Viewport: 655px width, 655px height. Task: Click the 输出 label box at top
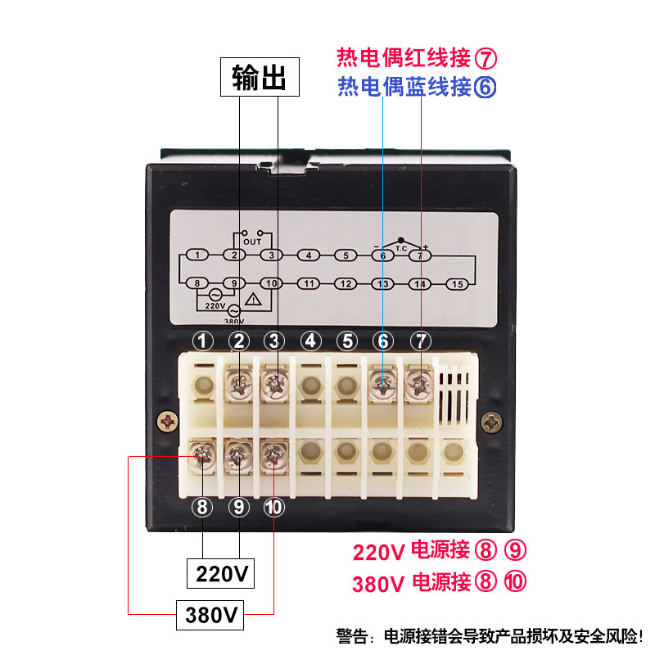pos(258,79)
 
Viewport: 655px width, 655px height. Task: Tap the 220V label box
pos(221,573)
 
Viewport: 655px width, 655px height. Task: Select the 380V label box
pos(211,613)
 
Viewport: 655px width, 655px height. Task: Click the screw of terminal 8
pos(203,455)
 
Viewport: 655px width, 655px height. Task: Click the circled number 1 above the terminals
pos(203,341)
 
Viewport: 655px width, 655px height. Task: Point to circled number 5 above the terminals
pos(346,341)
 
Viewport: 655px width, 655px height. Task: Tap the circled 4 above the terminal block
pos(310,341)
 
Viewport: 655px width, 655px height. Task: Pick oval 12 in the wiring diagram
pos(346,284)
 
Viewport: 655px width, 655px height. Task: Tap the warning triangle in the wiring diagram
pos(255,300)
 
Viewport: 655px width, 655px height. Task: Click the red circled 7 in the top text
pos(486,58)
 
